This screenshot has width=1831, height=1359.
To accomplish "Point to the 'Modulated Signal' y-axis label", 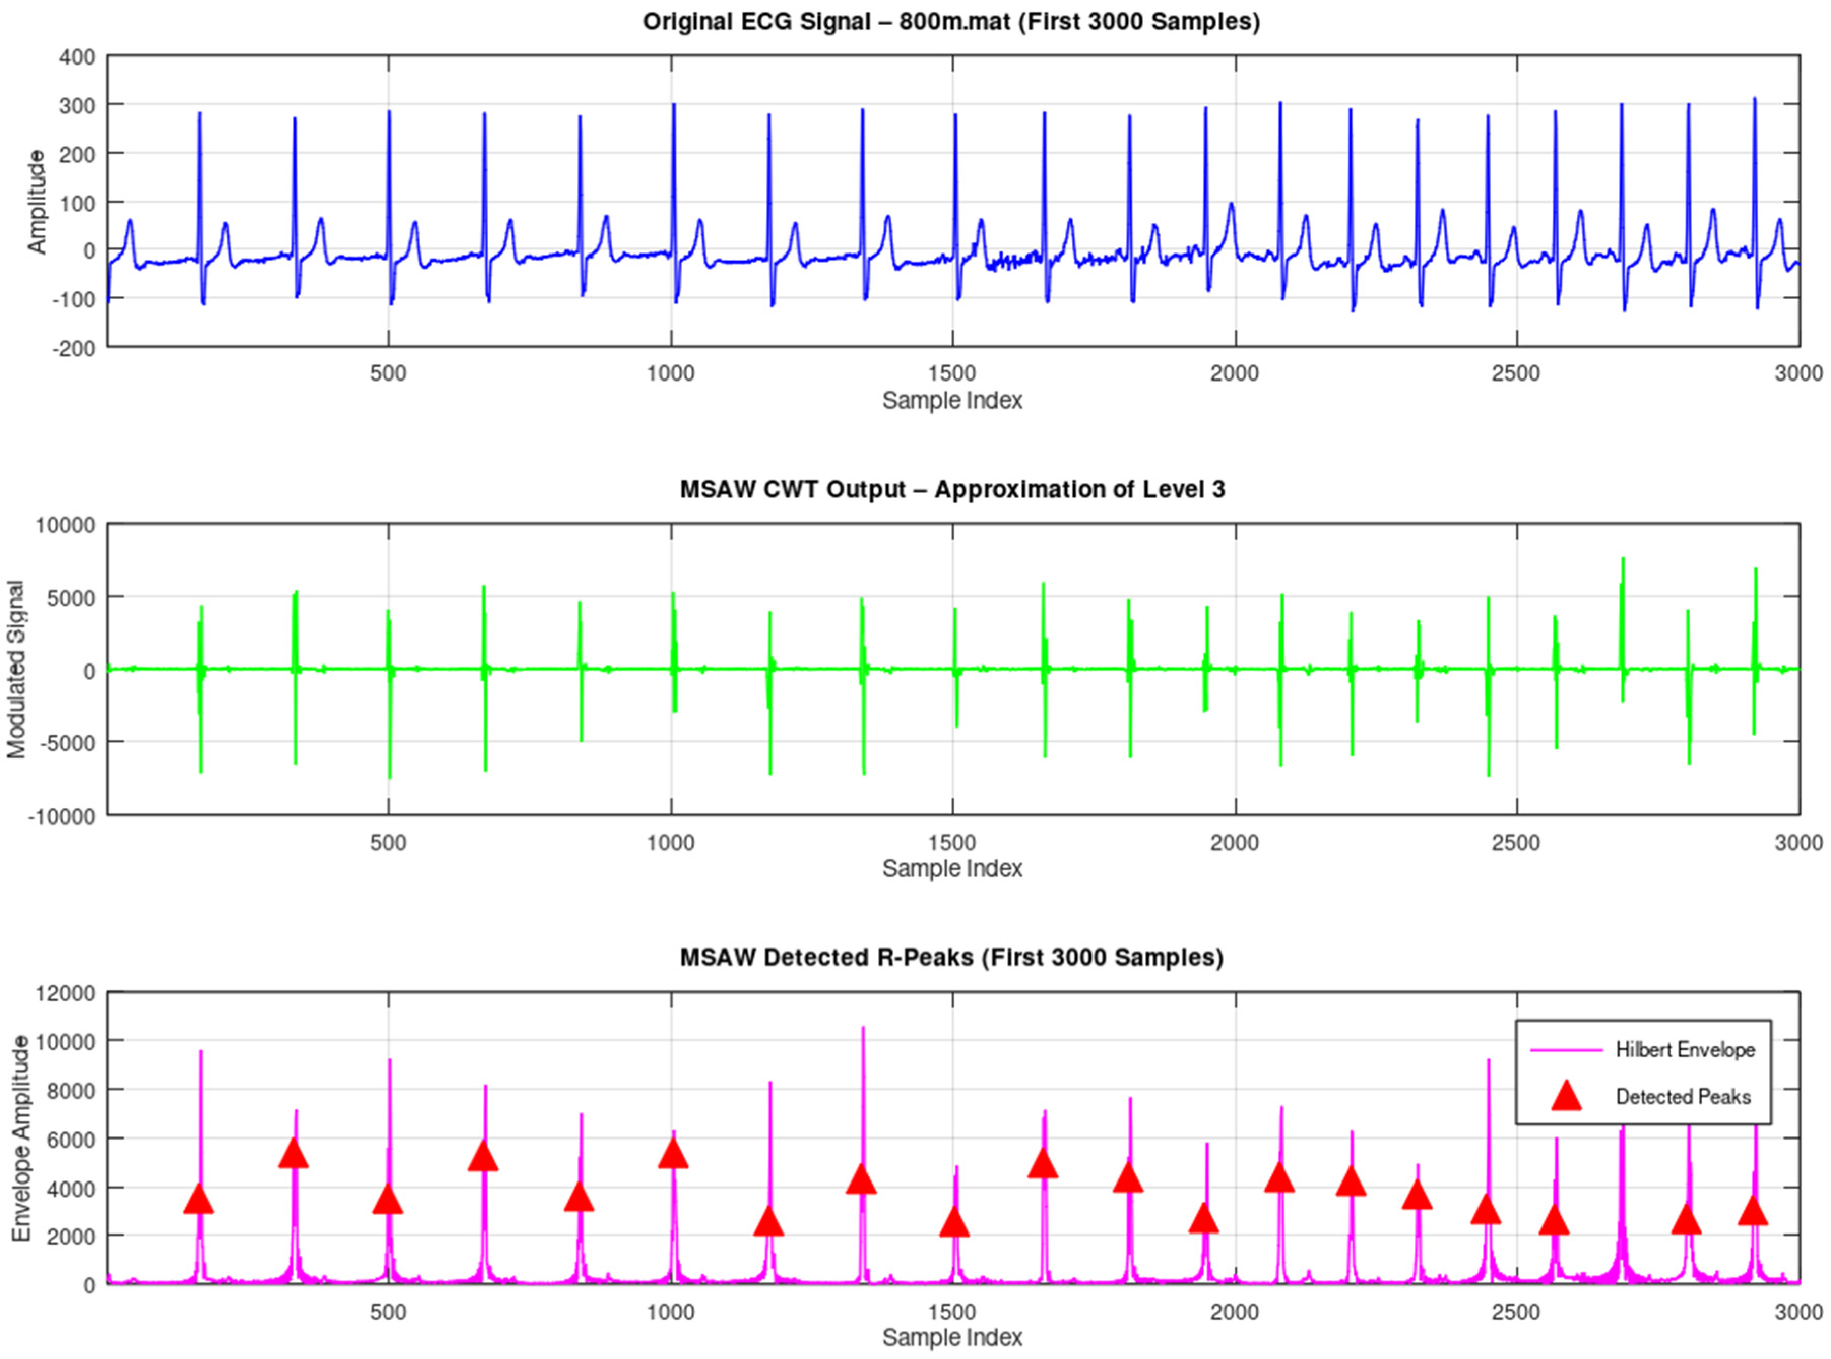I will (16, 669).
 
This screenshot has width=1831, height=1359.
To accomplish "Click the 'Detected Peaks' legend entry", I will (1682, 1096).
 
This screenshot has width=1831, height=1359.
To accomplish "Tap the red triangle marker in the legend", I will (1566, 1096).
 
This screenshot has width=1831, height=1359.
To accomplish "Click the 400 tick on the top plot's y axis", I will (78, 57).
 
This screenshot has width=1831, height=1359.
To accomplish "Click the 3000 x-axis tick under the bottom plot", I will (1798, 1312).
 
